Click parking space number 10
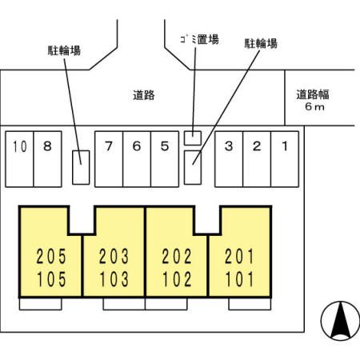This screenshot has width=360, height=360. coord(19,159)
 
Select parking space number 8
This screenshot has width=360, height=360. coord(48,159)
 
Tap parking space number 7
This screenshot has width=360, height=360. coord(109,159)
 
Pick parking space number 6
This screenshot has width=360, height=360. coord(137,159)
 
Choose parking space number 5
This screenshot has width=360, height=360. coord(165,159)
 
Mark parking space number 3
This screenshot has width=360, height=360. coord(229,159)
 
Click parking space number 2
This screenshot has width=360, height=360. coord(257,159)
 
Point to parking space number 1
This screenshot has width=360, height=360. coord(285,159)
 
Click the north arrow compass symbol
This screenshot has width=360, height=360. coord(340,321)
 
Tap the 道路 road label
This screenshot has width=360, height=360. coord(144,95)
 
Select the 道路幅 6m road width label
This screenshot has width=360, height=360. coord(313,100)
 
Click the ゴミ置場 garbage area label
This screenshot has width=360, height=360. coord(199,39)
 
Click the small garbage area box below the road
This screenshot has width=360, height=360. coord(193,138)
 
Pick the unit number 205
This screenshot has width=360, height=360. coord(51,257)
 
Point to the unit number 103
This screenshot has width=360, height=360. coord(114,279)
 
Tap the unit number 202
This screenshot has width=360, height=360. coord(177,257)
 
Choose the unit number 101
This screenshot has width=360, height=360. coord(239,279)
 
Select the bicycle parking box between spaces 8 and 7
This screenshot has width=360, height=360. coord(81,167)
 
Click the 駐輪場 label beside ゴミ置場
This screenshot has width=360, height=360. coord(261,44)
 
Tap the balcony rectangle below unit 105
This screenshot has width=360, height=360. coord(41,304)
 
